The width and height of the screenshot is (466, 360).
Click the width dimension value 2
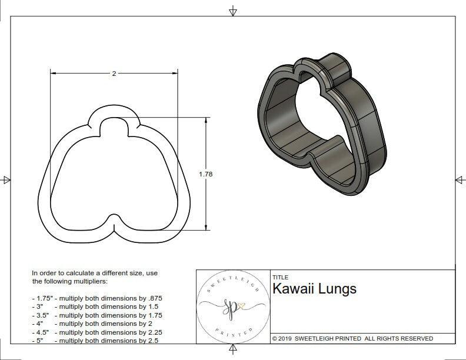114,74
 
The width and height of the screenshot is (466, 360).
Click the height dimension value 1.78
206,174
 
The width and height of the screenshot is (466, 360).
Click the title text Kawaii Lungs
314,289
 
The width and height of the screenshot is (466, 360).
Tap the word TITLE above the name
280,277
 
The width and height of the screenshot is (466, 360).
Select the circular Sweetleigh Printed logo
232,307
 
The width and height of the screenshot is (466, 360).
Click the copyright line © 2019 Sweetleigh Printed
352,338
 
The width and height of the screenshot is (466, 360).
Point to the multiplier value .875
153,298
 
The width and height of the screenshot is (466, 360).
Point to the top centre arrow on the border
233,11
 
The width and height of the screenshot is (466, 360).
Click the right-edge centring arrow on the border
460,179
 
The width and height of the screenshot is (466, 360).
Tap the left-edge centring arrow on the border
6,179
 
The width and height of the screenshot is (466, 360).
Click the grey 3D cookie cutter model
321,124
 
